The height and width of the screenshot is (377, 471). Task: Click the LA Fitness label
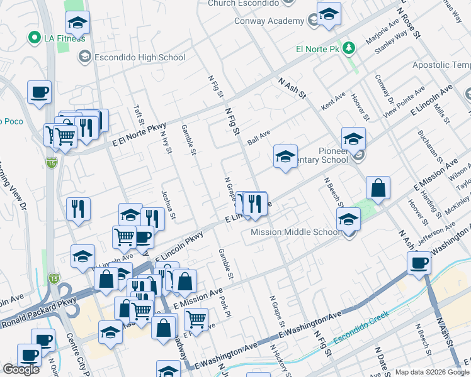point(64,38)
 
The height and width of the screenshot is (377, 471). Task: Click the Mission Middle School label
point(295,232)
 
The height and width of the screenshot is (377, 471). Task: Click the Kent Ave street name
point(334,99)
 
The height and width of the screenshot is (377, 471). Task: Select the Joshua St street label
point(167,202)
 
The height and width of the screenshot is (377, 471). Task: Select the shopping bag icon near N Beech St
point(378,188)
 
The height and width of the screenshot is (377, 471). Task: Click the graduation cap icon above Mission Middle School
point(348,220)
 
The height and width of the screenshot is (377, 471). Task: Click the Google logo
point(21,369)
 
